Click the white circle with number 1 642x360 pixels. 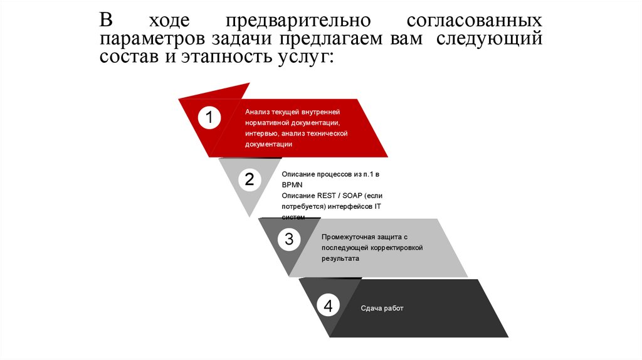tap(209, 118)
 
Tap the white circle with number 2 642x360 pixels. tap(249, 180)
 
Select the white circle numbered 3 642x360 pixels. tap(288, 239)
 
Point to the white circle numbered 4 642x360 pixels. tap(328, 306)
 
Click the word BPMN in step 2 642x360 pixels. tap(292, 184)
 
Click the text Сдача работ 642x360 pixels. tap(382, 308)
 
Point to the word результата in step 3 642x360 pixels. tap(340, 258)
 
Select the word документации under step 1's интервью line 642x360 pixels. tap(269, 144)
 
